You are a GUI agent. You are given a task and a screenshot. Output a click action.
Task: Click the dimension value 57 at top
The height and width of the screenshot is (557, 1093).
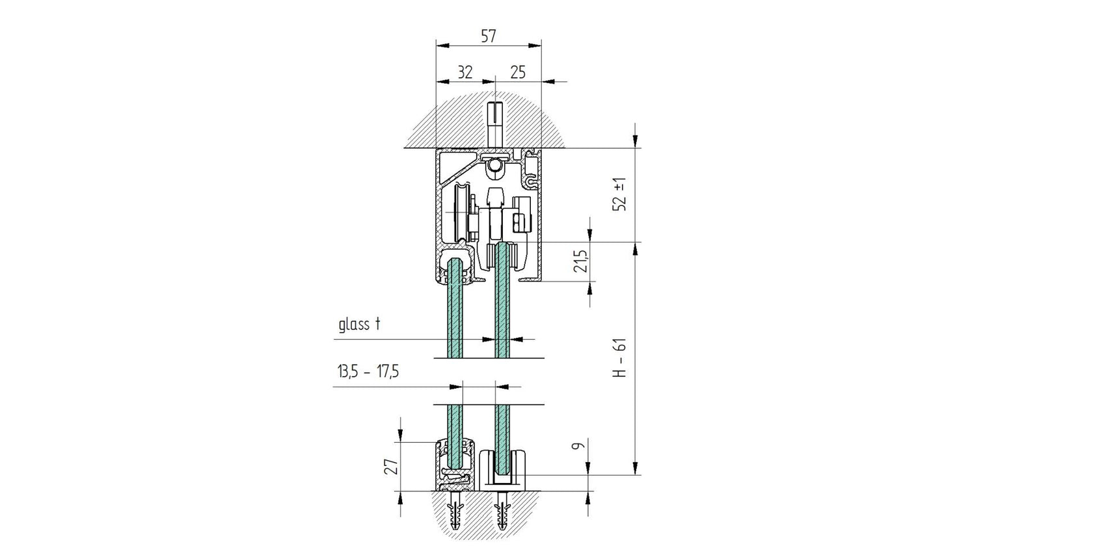click(488, 36)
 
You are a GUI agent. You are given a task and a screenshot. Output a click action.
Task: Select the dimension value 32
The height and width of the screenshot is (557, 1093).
click(465, 72)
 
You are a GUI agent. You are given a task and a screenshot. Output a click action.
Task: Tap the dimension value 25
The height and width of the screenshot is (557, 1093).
click(517, 72)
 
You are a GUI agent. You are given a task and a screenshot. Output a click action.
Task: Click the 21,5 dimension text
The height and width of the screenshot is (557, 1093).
click(582, 261)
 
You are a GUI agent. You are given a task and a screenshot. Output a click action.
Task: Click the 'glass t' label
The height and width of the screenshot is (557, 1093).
click(358, 324)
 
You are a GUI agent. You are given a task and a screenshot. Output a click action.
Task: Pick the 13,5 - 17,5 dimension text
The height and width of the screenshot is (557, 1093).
click(368, 372)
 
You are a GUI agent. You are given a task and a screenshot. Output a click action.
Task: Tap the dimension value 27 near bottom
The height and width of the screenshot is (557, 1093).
click(390, 467)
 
